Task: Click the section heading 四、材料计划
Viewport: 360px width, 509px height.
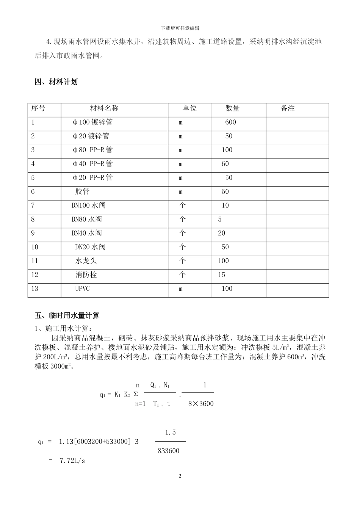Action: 56,82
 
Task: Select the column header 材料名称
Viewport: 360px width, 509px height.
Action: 104,109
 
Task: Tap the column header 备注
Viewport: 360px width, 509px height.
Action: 288,109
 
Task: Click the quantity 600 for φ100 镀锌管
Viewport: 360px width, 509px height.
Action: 230,122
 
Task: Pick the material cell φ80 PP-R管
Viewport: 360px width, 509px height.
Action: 92,150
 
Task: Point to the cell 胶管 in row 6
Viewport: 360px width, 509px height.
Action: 82,192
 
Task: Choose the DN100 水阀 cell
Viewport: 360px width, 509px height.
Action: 88,206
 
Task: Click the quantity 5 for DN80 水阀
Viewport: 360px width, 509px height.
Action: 220,220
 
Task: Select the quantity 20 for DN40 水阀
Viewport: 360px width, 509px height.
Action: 222,233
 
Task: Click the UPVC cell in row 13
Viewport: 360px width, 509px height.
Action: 82,289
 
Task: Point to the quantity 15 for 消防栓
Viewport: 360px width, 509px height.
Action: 222,275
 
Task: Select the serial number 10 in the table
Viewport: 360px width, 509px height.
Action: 34,247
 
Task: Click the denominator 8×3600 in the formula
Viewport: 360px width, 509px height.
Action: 201,404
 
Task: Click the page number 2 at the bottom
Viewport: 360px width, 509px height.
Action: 180,476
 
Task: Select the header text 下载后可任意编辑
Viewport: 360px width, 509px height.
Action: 180,28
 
